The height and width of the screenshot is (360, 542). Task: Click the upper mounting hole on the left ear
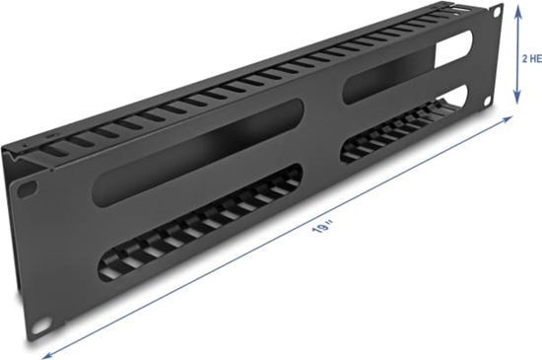pyautogui.click(x=29, y=186)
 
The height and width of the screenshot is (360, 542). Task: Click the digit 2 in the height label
pyautogui.click(x=523, y=58)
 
